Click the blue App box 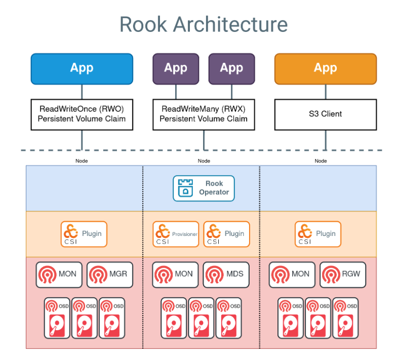point(82,69)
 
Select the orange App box point(326,69)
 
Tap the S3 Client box point(326,114)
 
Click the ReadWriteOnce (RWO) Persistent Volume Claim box point(82,114)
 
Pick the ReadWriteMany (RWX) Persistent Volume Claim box point(204,114)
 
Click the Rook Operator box point(204,188)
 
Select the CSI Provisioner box point(176,234)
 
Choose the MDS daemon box point(226,274)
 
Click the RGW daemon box point(343,274)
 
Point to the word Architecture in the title point(232,24)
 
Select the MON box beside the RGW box point(292,274)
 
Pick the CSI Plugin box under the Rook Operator point(226,234)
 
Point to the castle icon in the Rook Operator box point(185,188)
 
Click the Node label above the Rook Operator point(204,161)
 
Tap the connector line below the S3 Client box point(326,139)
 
